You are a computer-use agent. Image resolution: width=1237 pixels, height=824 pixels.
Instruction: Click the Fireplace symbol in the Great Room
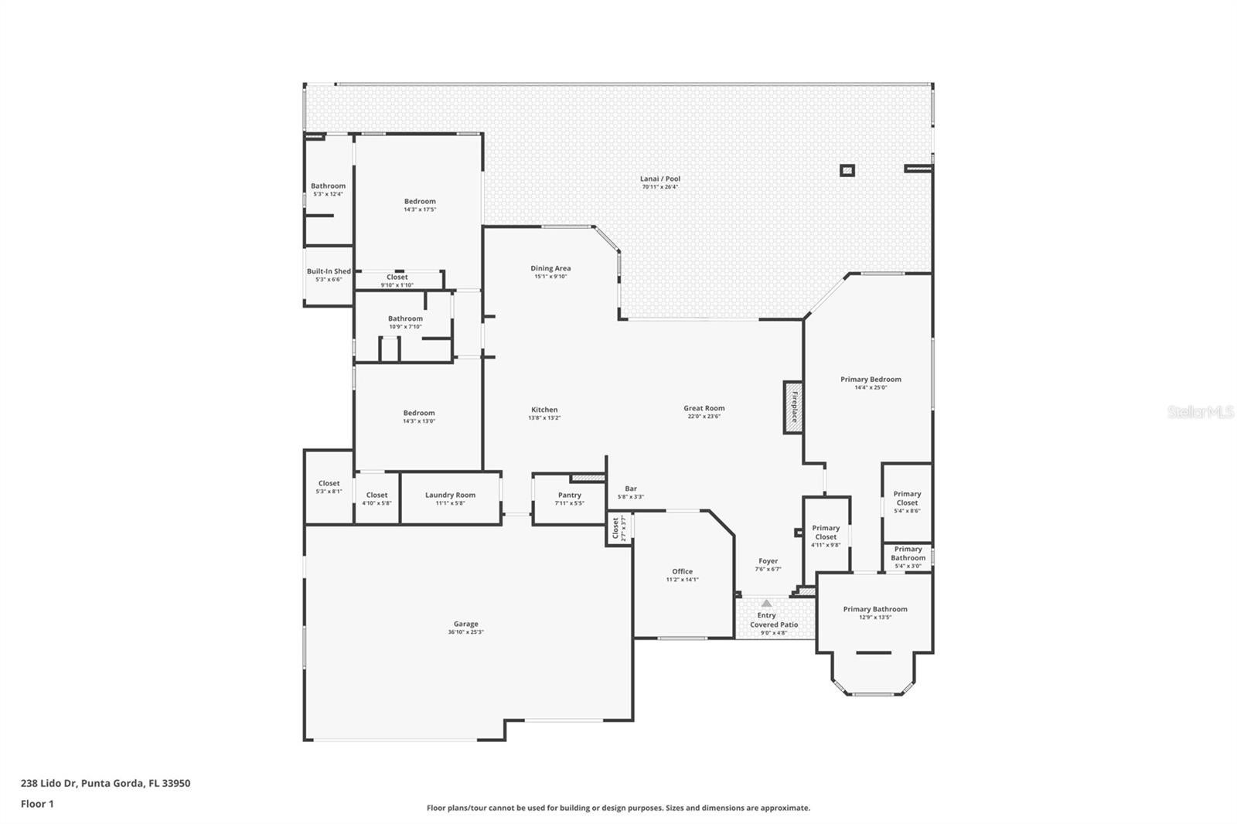793,407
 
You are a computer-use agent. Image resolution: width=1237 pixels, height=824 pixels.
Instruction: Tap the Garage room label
465,624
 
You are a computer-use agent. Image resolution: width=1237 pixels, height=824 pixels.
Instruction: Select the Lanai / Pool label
659,179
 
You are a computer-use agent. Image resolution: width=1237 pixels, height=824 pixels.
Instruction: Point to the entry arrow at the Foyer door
766,603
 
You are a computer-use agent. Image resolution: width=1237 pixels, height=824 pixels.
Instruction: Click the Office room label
682,571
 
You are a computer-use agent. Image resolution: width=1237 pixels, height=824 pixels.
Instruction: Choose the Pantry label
569,495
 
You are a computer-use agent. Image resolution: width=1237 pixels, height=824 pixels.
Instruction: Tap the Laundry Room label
450,495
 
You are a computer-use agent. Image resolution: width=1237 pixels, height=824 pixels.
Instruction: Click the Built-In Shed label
329,271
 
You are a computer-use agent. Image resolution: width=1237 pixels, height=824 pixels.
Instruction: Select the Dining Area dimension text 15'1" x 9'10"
550,277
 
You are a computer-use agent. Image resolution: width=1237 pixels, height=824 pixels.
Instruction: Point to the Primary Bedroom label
871,379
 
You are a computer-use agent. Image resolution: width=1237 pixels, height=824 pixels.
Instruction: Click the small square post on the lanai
847,170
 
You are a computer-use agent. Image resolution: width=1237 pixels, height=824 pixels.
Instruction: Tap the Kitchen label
544,410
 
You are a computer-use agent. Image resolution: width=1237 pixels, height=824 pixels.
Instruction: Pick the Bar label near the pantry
631,489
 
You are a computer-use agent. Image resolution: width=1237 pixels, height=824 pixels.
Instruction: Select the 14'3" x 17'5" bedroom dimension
420,209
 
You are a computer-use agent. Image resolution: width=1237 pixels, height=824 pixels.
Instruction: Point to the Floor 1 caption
37,804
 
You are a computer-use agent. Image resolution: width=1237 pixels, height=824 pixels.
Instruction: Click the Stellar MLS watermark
1200,412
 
